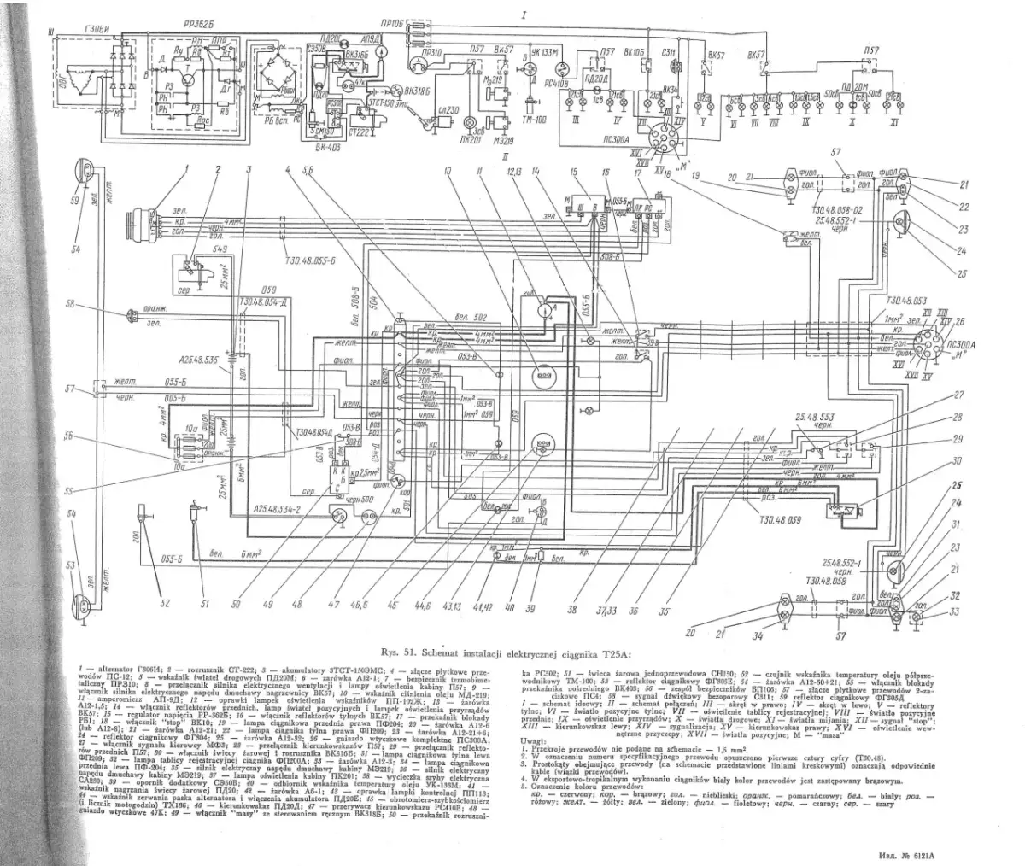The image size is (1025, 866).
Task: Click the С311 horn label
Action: coord(670,53)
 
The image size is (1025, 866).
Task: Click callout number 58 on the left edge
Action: coord(71,304)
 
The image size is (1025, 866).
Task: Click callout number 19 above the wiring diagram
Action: coord(697,174)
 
